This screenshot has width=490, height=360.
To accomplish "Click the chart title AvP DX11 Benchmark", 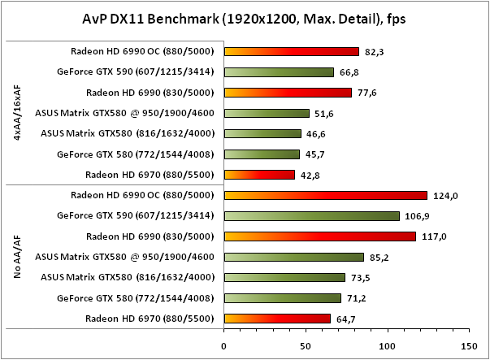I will point(244,18).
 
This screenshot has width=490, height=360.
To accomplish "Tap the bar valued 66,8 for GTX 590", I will point(279,72).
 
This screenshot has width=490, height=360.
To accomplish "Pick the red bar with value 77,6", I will point(288,92).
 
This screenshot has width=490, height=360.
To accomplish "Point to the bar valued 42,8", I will point(259,174).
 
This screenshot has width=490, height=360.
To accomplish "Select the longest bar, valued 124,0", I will point(325,195).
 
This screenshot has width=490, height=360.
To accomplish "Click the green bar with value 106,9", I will point(311,215).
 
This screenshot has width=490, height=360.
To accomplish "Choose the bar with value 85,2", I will point(293,257).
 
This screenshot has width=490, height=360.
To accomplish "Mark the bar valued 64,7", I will point(277,318).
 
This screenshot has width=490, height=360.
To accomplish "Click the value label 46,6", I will point(315,133).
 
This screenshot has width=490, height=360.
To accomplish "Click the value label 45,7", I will point(314,154).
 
